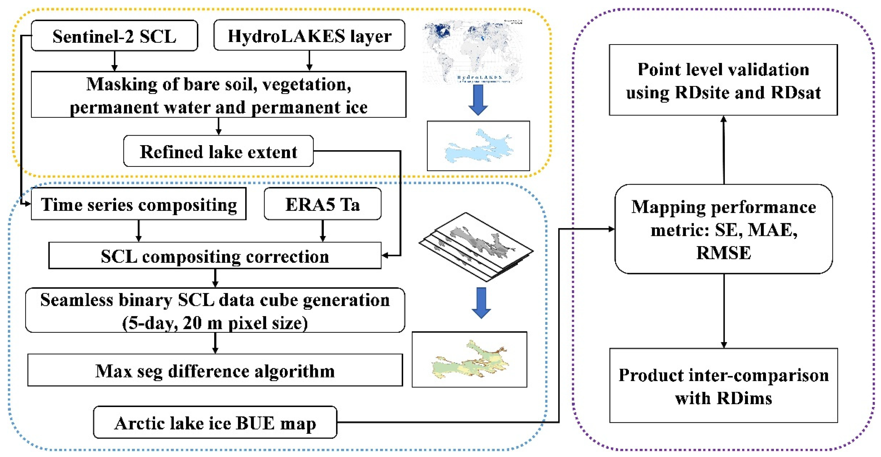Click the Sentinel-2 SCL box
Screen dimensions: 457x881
(114, 36)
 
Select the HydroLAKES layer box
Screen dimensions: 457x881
(309, 36)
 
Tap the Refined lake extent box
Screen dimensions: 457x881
(218, 152)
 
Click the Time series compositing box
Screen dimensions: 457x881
(139, 204)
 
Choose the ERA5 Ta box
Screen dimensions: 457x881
(322, 204)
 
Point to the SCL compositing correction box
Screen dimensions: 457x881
(215, 256)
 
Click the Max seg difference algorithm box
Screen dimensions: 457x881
(215, 371)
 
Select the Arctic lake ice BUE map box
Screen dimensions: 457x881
(215, 423)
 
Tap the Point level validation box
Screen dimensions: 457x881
(723, 80)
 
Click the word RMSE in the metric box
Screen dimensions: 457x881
(723, 253)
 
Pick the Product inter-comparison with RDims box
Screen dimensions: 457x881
(723, 386)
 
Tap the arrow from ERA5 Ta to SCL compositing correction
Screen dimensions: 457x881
(322, 231)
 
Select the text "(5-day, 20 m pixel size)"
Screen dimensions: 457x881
(215, 323)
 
